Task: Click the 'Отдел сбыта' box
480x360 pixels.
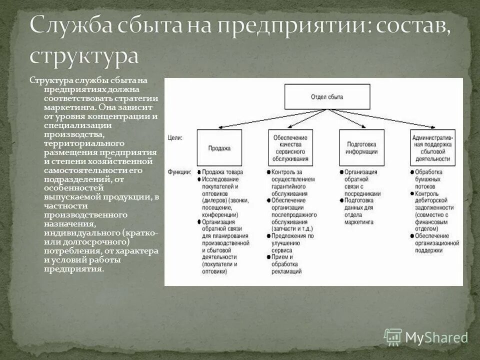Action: pyautogui.click(x=327, y=97)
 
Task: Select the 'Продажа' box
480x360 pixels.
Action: pyautogui.click(x=219, y=148)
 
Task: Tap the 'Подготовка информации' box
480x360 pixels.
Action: pyautogui.click(x=361, y=147)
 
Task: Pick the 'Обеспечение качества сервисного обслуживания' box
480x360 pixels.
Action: pyautogui.click(x=290, y=148)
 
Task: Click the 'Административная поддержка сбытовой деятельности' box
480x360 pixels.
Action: pyautogui.click(x=432, y=148)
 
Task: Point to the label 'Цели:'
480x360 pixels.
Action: pyautogui.click(x=175, y=136)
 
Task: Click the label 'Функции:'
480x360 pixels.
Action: pyautogui.click(x=179, y=172)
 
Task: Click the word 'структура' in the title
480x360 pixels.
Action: pyautogui.click(x=83, y=54)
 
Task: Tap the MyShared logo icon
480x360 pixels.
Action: pyautogui.click(x=393, y=337)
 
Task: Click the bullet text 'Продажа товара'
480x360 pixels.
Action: pyautogui.click(x=223, y=172)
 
